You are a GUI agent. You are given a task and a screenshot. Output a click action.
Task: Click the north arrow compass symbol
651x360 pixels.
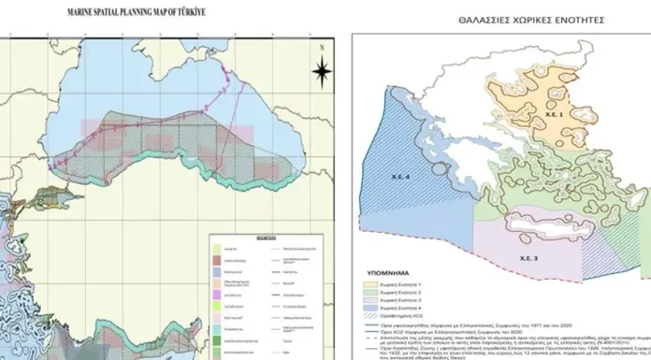tap(321, 70)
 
